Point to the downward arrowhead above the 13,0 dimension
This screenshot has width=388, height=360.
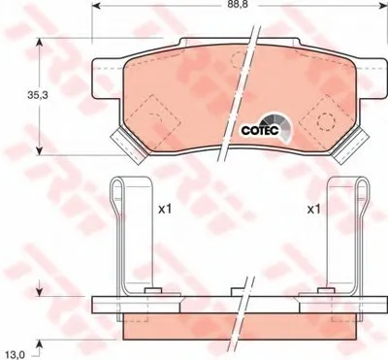click(x=39, y=290)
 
